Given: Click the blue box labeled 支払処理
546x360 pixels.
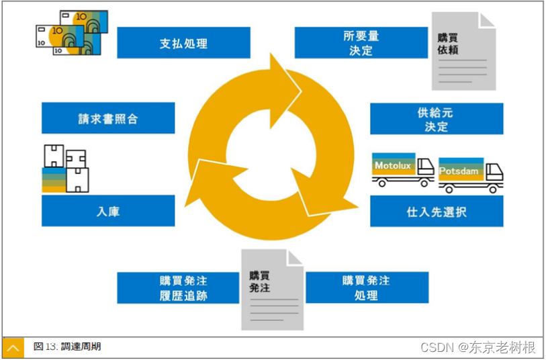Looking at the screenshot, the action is pyautogui.click(x=183, y=43).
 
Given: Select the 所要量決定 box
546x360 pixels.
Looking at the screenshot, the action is pyautogui.click(x=361, y=43).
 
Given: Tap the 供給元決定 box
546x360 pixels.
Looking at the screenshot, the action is pyautogui.click(x=436, y=119).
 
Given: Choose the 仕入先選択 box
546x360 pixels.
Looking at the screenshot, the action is pyautogui.click(x=436, y=212).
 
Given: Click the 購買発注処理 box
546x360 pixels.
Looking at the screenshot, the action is pyautogui.click(x=367, y=287).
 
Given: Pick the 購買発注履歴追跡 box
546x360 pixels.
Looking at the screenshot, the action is pyautogui.click(x=178, y=287).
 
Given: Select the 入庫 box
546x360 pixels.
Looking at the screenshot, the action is pyautogui.click(x=108, y=212).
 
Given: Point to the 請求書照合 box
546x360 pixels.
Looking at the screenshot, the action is pyautogui.click(x=108, y=119).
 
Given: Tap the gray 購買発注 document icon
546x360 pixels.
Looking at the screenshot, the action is pyautogui.click(x=272, y=290).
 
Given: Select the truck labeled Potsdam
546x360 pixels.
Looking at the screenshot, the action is pyautogui.click(x=470, y=175).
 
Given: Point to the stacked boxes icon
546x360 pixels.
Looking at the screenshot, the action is pyautogui.click(x=66, y=168).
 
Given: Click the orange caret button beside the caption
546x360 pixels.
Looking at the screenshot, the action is pyautogui.click(x=13, y=347).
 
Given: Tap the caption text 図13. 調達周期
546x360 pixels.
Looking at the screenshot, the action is pyautogui.click(x=67, y=347).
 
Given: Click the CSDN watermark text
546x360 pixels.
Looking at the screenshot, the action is pyautogui.click(x=477, y=347).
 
